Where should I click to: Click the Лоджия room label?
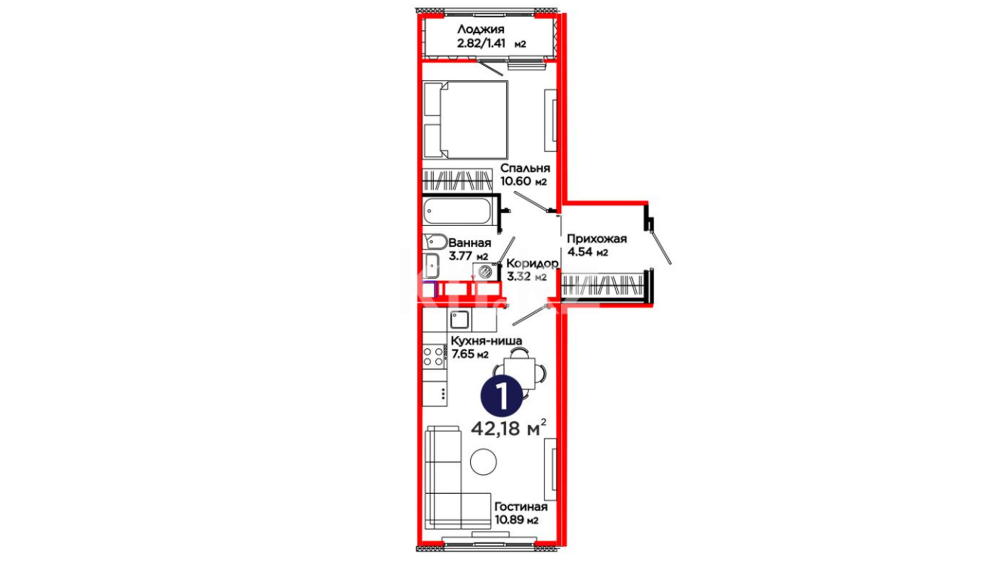click(x=480, y=29)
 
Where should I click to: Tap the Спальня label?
click(x=525, y=168)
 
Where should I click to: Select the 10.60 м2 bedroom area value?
click(x=523, y=181)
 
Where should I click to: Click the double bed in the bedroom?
click(x=466, y=119)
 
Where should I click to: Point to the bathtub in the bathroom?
click(x=458, y=211)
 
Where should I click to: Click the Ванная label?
click(x=469, y=243)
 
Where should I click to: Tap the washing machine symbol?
click(x=485, y=272)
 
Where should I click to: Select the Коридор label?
click(x=532, y=263)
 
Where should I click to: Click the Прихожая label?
click(x=596, y=239)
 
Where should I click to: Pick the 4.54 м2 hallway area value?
click(x=588, y=252)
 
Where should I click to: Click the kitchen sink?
click(x=459, y=319)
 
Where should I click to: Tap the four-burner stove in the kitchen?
click(x=434, y=356)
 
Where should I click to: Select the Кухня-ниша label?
click(x=486, y=341)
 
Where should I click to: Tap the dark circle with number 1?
click(x=502, y=397)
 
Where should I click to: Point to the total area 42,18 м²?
click(x=509, y=429)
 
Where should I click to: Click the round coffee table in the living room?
click(x=483, y=462)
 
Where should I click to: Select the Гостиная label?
click(x=521, y=507)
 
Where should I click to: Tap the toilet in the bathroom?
click(x=435, y=241)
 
